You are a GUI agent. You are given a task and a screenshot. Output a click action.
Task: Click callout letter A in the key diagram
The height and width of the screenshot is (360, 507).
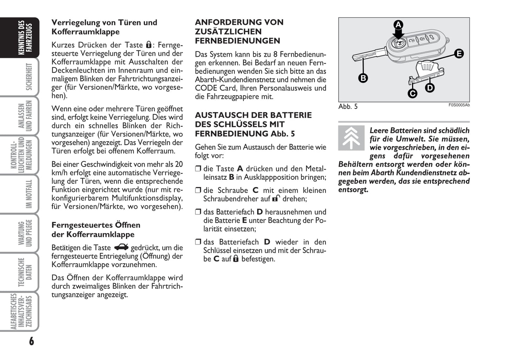tap(398, 25)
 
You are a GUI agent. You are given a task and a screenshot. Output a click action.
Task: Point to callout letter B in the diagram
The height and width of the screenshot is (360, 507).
tap(363, 78)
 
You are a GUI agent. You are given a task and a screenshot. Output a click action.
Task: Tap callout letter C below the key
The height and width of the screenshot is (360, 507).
tap(412, 93)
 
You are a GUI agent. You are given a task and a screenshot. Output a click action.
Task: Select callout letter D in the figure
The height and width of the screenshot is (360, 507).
tap(430, 87)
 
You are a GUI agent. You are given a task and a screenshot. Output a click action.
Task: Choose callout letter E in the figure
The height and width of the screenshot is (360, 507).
tap(459, 54)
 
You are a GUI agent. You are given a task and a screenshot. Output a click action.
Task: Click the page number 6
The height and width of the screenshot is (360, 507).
tap(32, 341)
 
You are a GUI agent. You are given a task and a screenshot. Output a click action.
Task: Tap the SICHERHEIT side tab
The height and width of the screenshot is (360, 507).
tap(29, 77)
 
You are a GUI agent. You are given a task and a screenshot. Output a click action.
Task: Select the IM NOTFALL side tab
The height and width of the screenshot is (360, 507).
tap(29, 194)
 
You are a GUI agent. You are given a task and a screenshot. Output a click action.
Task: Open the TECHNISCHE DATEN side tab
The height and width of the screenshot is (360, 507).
tap(25, 272)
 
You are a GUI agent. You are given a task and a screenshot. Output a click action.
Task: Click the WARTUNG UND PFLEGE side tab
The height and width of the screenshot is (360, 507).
tap(25, 233)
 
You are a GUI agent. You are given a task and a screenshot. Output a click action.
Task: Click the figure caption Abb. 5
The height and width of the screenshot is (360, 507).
tap(348, 107)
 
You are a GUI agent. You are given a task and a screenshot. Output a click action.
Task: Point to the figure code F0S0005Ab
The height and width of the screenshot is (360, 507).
tap(459, 105)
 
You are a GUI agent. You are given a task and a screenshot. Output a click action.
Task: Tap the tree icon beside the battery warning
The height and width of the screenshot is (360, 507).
tap(351, 138)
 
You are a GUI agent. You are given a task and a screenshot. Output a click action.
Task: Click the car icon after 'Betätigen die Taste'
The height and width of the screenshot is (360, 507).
tap(121, 247)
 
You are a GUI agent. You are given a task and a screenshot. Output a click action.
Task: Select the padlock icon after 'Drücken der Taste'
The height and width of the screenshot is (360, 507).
tap(149, 45)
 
